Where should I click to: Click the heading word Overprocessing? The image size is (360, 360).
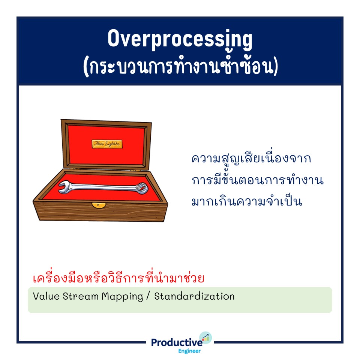(x=180, y=39)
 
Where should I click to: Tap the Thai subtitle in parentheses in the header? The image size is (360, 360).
(x=180, y=67)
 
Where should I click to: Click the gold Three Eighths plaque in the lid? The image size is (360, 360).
(x=107, y=144)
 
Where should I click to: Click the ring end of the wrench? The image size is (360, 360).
(x=141, y=188)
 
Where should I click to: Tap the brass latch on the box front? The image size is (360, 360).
(x=99, y=205)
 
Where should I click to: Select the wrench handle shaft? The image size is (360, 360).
(x=103, y=187)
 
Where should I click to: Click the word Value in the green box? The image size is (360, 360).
(x=46, y=296)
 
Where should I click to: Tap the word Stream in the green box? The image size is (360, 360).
(x=81, y=296)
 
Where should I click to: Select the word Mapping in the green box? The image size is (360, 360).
(x=122, y=297)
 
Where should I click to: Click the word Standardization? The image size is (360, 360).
(x=194, y=296)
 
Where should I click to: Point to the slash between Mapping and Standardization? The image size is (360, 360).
(x=148, y=296)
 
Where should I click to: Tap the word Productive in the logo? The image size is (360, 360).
(x=177, y=342)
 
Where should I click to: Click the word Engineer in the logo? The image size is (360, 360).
(x=189, y=351)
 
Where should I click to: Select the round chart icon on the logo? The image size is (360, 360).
(x=205, y=338)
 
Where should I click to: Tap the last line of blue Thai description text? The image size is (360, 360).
(x=247, y=201)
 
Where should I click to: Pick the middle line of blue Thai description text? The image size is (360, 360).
(x=258, y=179)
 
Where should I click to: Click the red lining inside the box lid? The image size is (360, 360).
(x=106, y=156)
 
